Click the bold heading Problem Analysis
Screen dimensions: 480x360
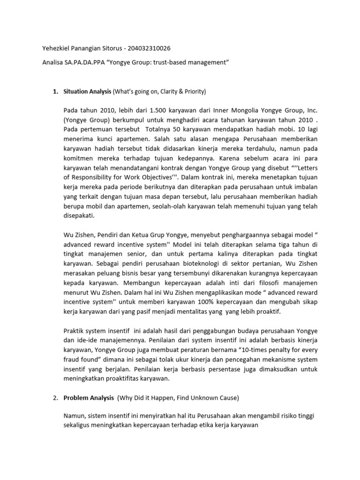click(89, 398)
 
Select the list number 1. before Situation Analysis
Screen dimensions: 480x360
click(55, 90)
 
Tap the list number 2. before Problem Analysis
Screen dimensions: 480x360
click(55, 398)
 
